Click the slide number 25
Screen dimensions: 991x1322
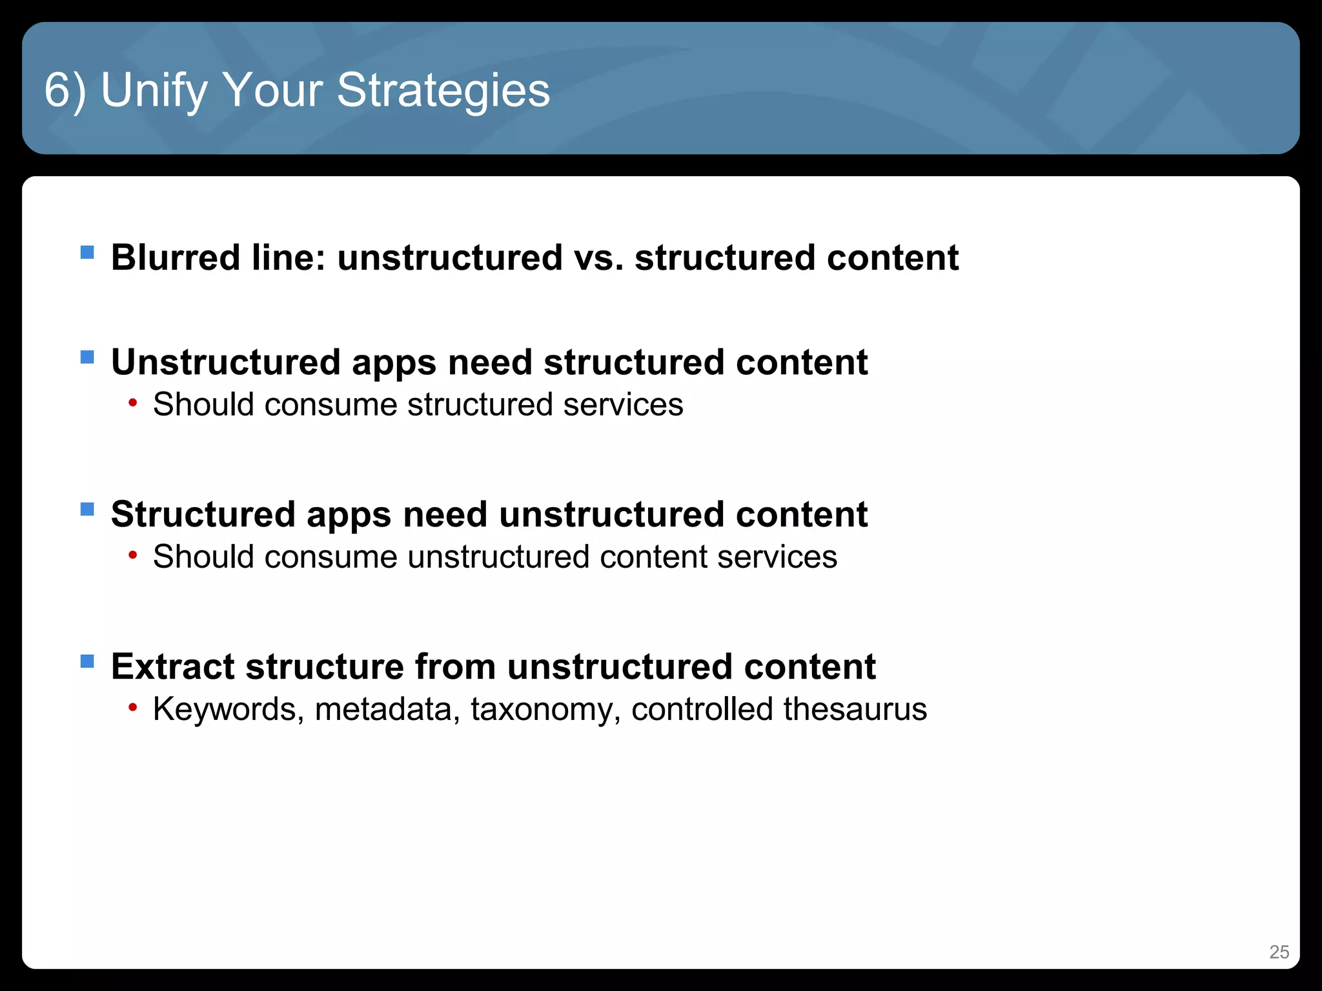1279,952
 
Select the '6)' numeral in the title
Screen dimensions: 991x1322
65,90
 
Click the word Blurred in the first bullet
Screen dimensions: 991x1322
176,257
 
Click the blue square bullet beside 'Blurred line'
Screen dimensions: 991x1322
87,252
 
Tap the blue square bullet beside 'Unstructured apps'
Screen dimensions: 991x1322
87,357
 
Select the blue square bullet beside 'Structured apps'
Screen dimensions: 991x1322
87,509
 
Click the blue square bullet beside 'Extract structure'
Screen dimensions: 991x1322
87,661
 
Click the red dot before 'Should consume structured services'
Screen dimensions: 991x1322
133,403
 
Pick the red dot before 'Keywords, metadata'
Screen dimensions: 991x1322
133,708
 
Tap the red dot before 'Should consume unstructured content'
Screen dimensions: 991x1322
133,556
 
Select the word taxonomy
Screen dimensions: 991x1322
545,709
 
